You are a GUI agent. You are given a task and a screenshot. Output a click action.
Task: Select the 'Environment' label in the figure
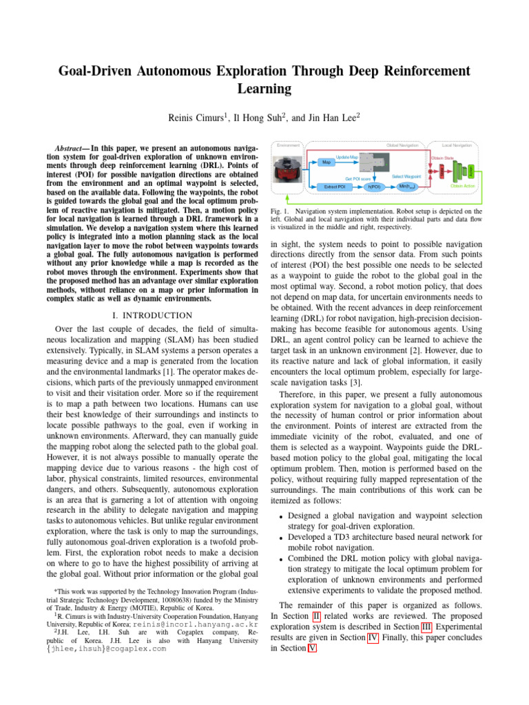click(x=289, y=145)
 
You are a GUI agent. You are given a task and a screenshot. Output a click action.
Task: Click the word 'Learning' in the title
click(x=264, y=89)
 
